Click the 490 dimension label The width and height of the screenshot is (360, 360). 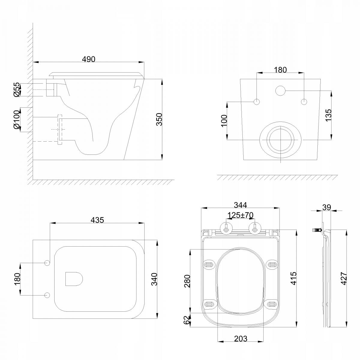click(88, 59)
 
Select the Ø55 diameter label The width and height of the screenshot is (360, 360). click(16, 89)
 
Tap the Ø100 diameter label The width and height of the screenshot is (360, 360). click(16, 119)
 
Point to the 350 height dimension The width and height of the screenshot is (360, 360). click(159, 119)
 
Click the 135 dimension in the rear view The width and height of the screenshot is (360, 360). click(328, 115)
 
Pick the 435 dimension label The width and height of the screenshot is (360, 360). click(97, 220)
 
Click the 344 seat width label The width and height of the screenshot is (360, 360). click(240, 205)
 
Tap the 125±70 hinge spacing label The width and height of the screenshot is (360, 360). click(240, 215)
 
